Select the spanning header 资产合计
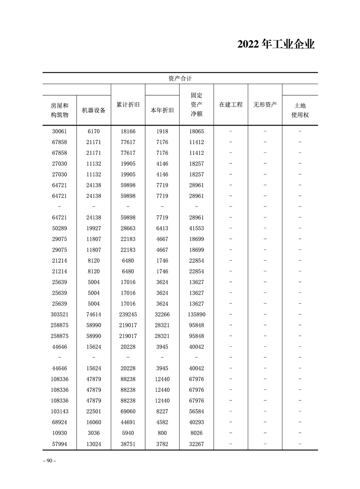click(180, 78)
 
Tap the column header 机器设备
click(94, 110)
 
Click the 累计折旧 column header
click(128, 104)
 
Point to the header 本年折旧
click(162, 110)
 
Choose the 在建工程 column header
click(231, 104)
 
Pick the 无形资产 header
click(265, 104)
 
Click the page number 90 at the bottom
click(49, 461)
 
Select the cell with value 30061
click(59, 131)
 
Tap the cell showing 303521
click(59, 314)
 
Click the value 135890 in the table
click(197, 314)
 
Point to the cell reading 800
click(162, 433)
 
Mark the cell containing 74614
click(94, 314)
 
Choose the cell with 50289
click(59, 228)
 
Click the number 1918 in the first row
click(162, 131)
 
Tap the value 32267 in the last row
click(197, 444)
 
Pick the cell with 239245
click(128, 314)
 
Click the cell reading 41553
click(197, 228)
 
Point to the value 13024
click(94, 444)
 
